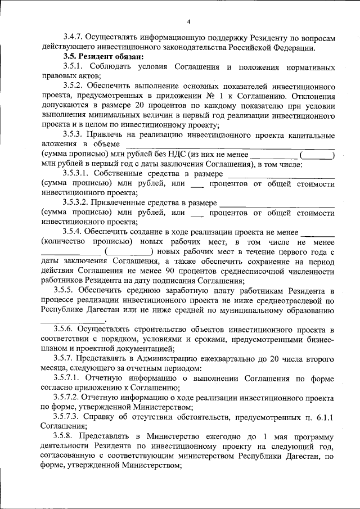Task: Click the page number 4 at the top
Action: [189, 22]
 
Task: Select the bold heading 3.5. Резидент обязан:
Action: [103, 57]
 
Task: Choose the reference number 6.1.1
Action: [325, 417]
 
